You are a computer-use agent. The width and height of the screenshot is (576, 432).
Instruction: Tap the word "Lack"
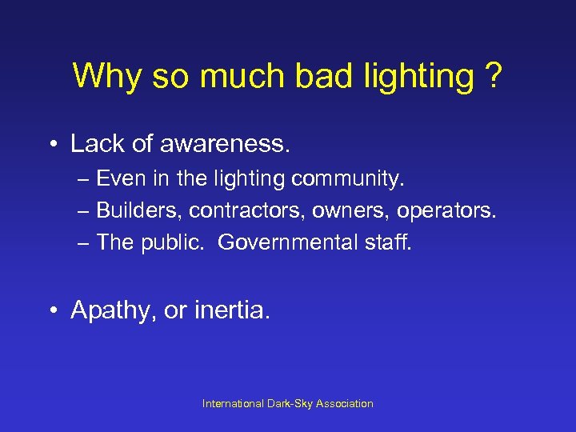pos(97,145)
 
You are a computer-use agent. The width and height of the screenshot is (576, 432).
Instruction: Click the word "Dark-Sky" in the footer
pos(290,404)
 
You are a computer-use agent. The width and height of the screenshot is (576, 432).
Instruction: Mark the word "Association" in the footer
pos(344,404)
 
